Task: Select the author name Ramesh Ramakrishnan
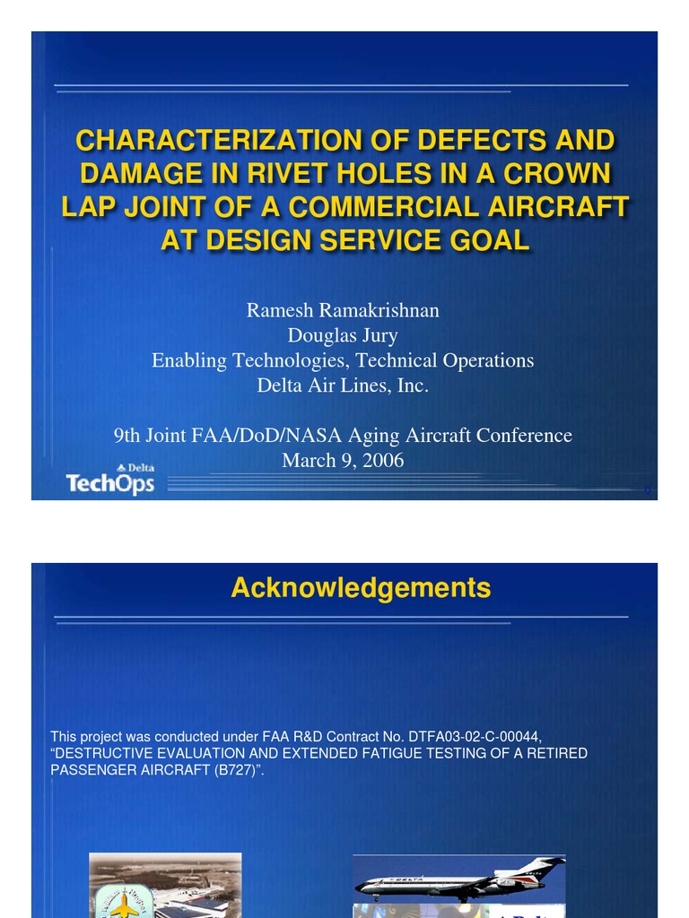point(343,310)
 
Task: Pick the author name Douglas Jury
point(343,335)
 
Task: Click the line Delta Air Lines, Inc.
point(343,385)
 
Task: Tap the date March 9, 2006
point(343,461)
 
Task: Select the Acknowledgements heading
point(361,588)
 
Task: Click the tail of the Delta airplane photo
point(545,867)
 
